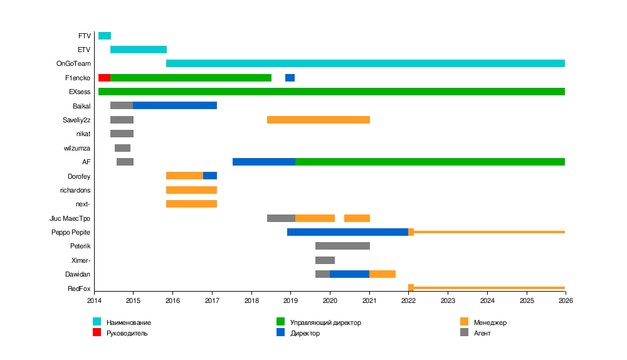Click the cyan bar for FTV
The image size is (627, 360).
coord(105,36)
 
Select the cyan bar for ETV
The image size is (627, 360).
coord(139,50)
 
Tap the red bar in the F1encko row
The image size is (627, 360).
coord(104,78)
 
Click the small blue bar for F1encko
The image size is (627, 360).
coord(290,78)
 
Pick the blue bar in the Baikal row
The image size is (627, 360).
coord(175,105)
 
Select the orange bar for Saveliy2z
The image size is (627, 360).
coord(319,120)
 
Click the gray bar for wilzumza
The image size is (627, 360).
coord(122,148)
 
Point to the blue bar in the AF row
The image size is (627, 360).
coord(264,162)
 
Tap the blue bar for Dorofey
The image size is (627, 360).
coord(210,176)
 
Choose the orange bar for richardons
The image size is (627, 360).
coord(191,190)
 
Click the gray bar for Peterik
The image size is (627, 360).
coord(342,246)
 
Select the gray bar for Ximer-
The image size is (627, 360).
coord(325,260)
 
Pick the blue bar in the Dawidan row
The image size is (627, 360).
coord(349,274)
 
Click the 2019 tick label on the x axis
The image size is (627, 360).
coord(290,301)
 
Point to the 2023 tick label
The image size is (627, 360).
coord(448,301)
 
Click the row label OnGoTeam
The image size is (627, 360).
coord(73,64)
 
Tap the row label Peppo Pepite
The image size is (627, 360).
coord(71,232)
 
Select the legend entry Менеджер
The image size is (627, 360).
coord(490,322)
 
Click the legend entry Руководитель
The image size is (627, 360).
coord(127,333)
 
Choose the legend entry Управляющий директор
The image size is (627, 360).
coord(325,322)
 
